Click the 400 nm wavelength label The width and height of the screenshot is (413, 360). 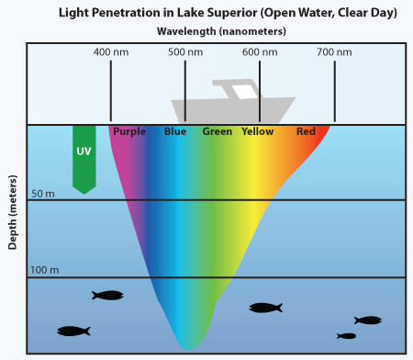click(111, 52)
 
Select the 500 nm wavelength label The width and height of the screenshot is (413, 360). click(185, 52)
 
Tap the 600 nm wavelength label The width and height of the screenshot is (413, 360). click(260, 52)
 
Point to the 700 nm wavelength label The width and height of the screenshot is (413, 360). click(334, 52)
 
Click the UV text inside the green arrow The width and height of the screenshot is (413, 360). click(84, 152)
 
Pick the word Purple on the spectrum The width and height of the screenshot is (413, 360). click(129, 132)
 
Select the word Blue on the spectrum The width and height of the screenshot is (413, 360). click(175, 131)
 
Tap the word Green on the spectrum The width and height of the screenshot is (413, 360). click(218, 131)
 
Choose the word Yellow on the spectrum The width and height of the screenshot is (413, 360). click(258, 131)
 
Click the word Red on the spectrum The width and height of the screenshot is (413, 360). click(306, 131)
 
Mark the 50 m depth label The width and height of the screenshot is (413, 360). click(43, 194)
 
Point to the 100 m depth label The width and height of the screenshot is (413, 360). click(45, 270)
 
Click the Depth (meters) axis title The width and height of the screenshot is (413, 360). click(12, 212)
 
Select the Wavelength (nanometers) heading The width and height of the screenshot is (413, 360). click(221, 31)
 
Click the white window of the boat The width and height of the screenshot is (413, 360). click(244, 92)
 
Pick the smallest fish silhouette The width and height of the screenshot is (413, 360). click(346, 336)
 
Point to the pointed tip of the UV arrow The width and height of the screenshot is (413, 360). click(84, 194)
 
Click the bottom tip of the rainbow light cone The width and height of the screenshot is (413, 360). click(187, 349)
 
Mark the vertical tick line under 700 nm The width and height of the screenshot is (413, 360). click(335, 91)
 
